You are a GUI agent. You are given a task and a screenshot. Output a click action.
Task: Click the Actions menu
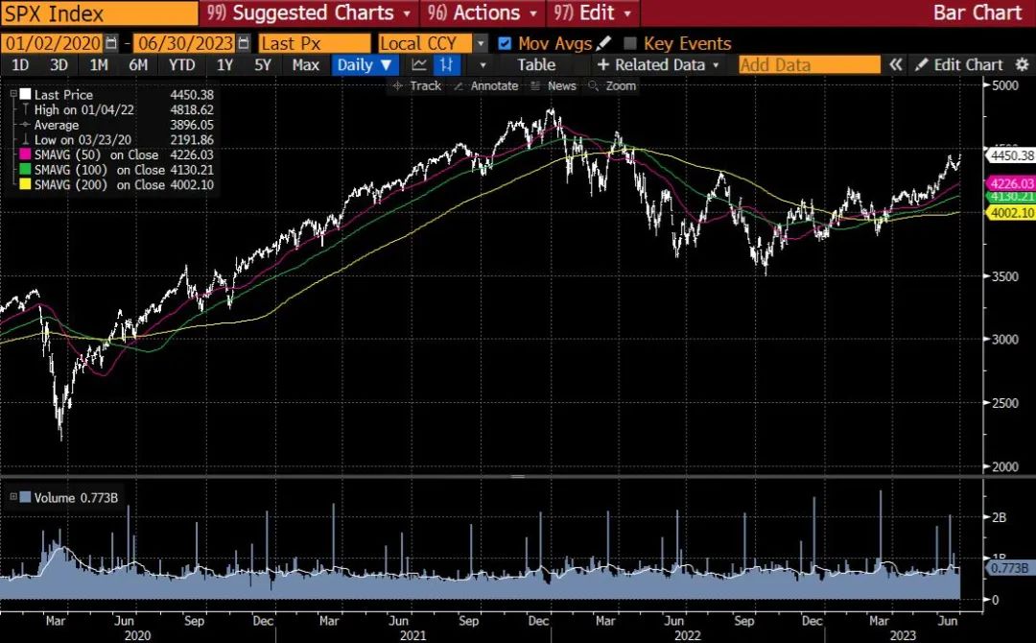click(484, 13)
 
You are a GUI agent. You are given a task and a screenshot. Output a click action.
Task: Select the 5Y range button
click(263, 65)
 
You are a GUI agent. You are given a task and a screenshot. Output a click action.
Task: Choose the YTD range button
click(181, 65)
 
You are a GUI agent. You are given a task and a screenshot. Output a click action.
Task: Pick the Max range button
click(305, 65)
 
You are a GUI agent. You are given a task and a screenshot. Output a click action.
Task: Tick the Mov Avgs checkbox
click(506, 43)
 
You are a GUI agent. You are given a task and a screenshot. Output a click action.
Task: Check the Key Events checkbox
click(630, 43)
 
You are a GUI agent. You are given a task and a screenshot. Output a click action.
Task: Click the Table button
click(535, 65)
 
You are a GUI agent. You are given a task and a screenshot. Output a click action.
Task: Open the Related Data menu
click(659, 65)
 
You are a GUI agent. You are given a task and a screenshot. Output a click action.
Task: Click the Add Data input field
click(809, 65)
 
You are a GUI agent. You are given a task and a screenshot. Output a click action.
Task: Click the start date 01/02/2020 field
click(54, 43)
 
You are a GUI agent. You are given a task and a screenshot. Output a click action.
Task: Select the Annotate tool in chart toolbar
click(487, 85)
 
